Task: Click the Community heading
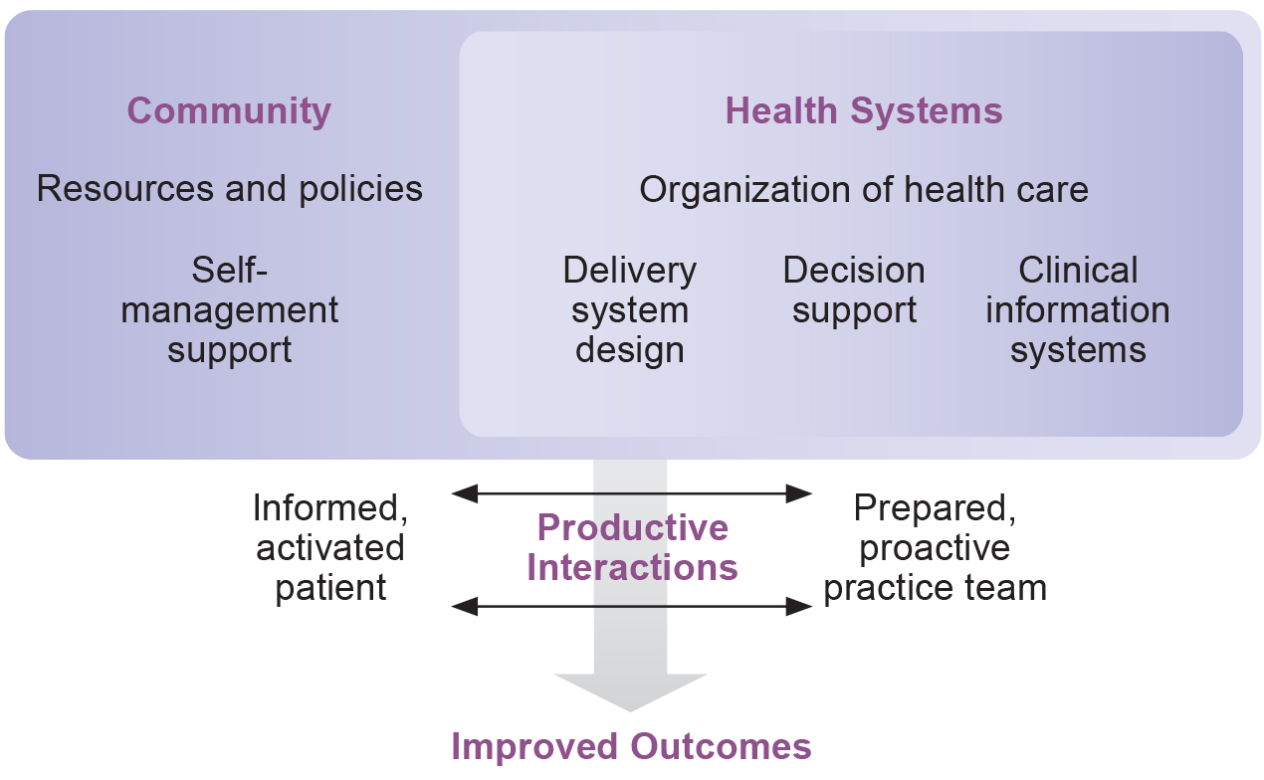[229, 110]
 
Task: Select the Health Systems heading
[863, 110]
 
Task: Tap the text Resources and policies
[229, 188]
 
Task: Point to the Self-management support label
[229, 310]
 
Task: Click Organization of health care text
[863, 188]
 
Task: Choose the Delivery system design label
[630, 310]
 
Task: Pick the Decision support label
[854, 291]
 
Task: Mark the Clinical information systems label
[1078, 310]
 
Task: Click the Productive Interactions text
[632, 547]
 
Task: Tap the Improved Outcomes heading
[632, 746]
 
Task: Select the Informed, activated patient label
[330, 547]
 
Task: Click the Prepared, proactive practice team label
[935, 547]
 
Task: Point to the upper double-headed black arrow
[632, 492]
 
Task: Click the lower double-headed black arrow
[632, 605]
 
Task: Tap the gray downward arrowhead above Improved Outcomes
[631, 690]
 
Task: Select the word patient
[330, 587]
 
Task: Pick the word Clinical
[1078, 271]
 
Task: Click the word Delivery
[630, 271]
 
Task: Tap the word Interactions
[632, 567]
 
